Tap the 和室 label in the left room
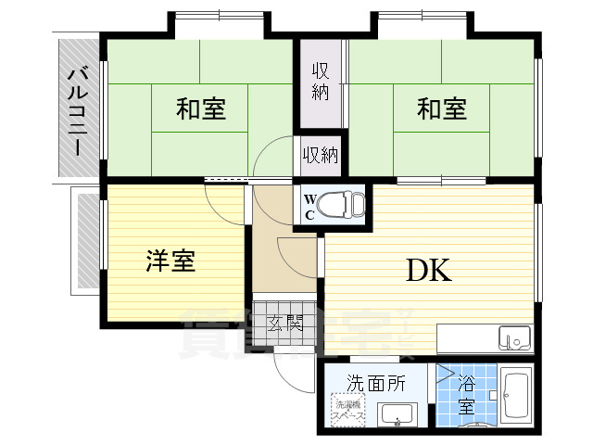(200, 109)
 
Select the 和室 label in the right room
(441, 109)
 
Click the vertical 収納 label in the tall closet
(321, 81)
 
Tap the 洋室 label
(170, 261)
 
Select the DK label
(427, 270)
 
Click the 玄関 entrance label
(285, 324)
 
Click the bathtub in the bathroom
(515, 400)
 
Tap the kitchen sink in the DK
(514, 337)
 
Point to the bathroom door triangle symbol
(446, 375)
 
